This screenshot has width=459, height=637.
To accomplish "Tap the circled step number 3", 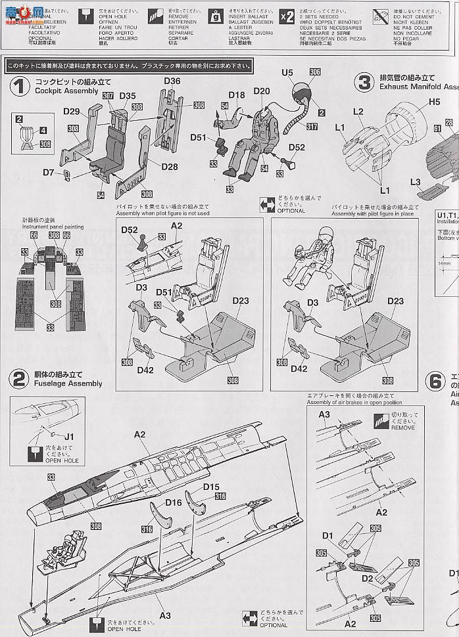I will (363, 83).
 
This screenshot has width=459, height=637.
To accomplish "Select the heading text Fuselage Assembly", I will (68, 384).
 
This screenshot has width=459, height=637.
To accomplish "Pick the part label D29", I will (72, 113).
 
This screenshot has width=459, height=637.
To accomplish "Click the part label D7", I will (48, 172).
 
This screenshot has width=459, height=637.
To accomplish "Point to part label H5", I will (435, 102).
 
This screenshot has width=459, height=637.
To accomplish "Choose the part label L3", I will (415, 182).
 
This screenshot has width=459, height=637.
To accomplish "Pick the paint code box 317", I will (311, 127).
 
